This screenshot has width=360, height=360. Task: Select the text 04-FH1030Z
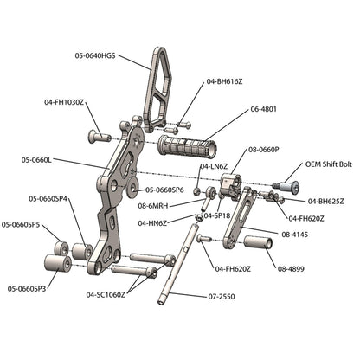click(64, 102)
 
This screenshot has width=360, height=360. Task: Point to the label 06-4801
click(264, 110)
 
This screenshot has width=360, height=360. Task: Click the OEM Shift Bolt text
click(326, 164)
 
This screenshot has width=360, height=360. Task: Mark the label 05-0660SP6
click(164, 190)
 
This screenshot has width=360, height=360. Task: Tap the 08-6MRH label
click(153, 206)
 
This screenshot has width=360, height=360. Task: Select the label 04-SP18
click(216, 215)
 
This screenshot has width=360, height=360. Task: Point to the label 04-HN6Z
click(151, 222)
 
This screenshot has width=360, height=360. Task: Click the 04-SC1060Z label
click(106, 294)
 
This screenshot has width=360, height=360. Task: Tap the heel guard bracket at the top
click(159, 87)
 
